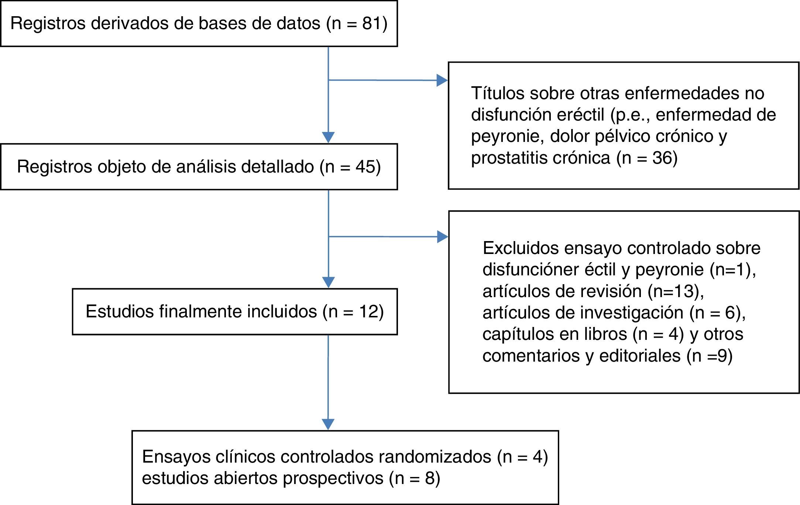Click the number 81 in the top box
[371, 23]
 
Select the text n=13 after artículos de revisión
[674, 291]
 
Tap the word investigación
[632, 313]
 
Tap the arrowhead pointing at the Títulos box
[442, 80]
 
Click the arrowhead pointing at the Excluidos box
[442, 237]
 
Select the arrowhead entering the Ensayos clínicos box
[328, 424]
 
